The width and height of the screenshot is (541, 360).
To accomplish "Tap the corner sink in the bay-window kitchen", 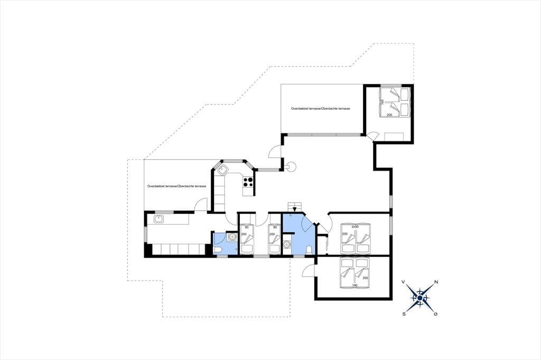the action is [x=222, y=169].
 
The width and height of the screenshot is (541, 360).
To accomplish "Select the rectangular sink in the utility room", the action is [x=158, y=219].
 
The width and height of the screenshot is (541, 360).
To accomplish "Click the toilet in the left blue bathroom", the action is [x=218, y=250].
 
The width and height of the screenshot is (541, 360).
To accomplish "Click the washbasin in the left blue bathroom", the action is [x=231, y=237].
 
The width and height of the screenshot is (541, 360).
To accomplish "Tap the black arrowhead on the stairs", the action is [x=294, y=209].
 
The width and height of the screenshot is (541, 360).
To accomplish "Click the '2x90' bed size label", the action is [x=355, y=227].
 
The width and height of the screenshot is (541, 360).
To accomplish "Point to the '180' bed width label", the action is [x=355, y=286].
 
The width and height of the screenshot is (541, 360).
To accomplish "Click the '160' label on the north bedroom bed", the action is [x=383, y=102].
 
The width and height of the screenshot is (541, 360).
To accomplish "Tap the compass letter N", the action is [x=436, y=282].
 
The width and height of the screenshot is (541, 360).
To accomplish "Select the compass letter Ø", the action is [x=436, y=314].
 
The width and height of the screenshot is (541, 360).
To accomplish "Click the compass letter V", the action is [x=403, y=282].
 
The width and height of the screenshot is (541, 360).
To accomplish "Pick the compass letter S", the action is [x=403, y=314].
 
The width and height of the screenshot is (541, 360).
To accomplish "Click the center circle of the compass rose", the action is [x=419, y=298].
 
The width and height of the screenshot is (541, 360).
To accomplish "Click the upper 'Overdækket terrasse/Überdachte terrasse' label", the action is [x=321, y=109].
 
